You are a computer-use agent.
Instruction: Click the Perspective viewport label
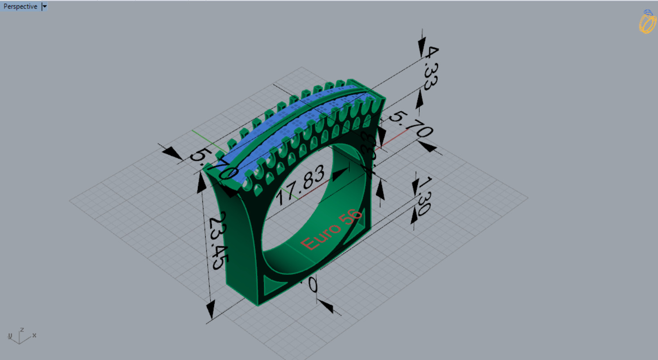tap(20, 7)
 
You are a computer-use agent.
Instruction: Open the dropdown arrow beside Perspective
tap(44, 7)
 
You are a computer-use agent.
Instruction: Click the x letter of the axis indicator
tap(34, 335)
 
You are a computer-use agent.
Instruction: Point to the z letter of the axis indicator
tap(22, 330)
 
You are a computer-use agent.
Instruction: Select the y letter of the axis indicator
tap(9, 336)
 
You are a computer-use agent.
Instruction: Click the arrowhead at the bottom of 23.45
tap(211, 309)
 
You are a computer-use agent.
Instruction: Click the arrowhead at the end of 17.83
tap(343, 171)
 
